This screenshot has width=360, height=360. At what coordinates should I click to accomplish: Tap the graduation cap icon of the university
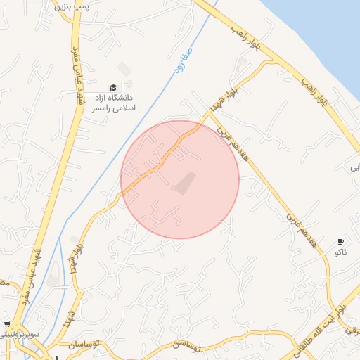pos(113,86)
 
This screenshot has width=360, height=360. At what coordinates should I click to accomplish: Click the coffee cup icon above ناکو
pos(341,241)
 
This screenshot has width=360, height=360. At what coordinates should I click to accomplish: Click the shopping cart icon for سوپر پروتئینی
pos(7,323)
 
